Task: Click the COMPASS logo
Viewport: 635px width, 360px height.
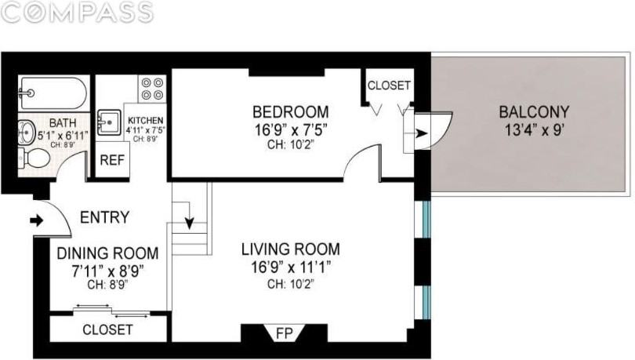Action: point(77,12)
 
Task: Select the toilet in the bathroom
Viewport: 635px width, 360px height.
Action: point(36,159)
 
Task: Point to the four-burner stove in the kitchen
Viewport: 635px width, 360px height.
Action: point(152,86)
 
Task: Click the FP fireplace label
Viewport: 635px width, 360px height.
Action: point(284,334)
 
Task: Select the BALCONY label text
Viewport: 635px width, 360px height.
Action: point(533,111)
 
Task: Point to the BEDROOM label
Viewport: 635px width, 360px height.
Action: point(290,111)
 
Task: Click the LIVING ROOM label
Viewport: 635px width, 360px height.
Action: point(290,249)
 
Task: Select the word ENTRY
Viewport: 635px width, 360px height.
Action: point(105,217)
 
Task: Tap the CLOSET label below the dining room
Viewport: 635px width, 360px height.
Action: point(107,329)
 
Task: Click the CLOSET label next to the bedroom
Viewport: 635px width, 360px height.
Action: point(389,85)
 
